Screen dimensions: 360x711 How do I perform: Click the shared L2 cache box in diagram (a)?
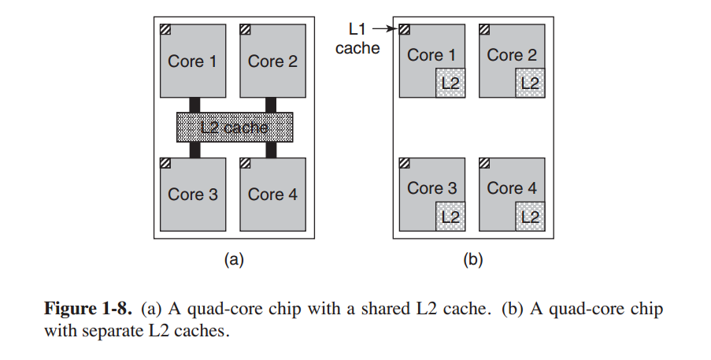235,127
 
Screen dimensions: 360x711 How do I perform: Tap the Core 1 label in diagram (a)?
192,61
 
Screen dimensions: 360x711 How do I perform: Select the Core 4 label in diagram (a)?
272,195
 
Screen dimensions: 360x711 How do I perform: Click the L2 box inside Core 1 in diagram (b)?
450,82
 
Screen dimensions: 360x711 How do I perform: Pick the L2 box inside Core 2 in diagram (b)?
530,82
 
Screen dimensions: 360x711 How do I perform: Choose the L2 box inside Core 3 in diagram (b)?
450,216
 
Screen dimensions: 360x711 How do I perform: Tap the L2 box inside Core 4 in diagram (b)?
530,216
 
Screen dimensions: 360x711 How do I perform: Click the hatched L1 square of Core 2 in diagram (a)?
246,30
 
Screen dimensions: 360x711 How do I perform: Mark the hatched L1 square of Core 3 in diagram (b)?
405,163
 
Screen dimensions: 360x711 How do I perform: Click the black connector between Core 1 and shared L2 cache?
194,104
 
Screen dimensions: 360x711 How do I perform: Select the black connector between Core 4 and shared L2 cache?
272,150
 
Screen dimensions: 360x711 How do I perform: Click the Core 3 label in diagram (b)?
431,188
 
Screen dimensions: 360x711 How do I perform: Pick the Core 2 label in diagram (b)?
512,55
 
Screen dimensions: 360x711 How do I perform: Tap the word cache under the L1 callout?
357,49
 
